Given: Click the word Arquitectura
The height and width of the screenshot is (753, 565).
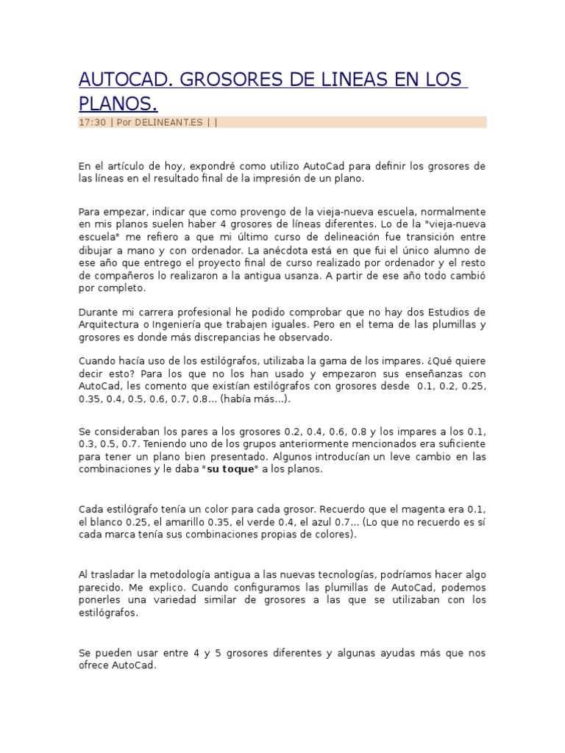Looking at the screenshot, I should pyautogui.click(x=110, y=325).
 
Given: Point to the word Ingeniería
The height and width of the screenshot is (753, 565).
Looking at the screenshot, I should pyautogui.click(x=207, y=325).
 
